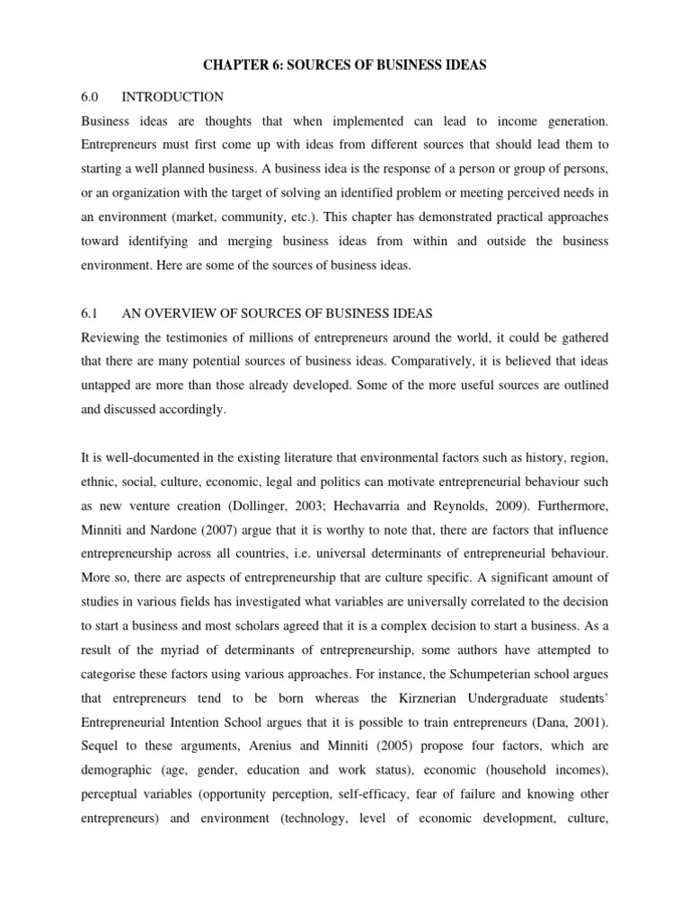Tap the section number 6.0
pyautogui.click(x=92, y=96)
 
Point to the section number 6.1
pyautogui.click(x=92, y=314)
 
